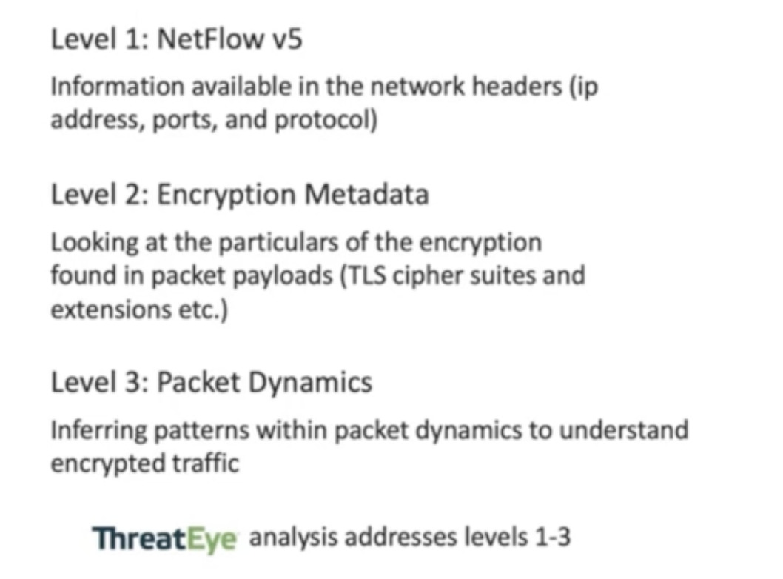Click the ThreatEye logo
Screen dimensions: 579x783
point(165,538)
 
